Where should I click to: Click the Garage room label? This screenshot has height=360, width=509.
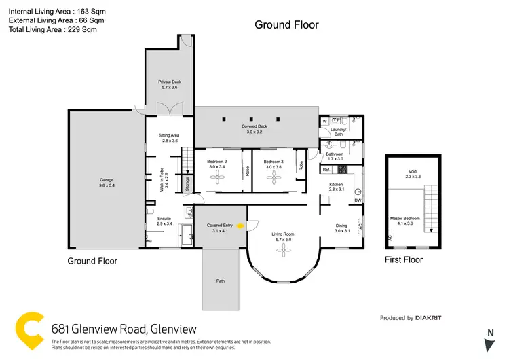107,183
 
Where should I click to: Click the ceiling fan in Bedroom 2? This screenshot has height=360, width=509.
216,178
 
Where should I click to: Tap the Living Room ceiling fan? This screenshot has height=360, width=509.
282,251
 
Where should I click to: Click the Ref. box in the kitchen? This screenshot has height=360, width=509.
326,170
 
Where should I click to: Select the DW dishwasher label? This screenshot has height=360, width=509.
357,200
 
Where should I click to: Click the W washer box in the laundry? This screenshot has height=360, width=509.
325,122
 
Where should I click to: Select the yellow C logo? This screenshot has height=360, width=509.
31,331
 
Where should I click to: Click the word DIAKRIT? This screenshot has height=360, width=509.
430,318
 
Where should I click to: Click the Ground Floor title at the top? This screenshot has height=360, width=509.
286,25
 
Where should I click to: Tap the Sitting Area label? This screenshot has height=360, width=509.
169,138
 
